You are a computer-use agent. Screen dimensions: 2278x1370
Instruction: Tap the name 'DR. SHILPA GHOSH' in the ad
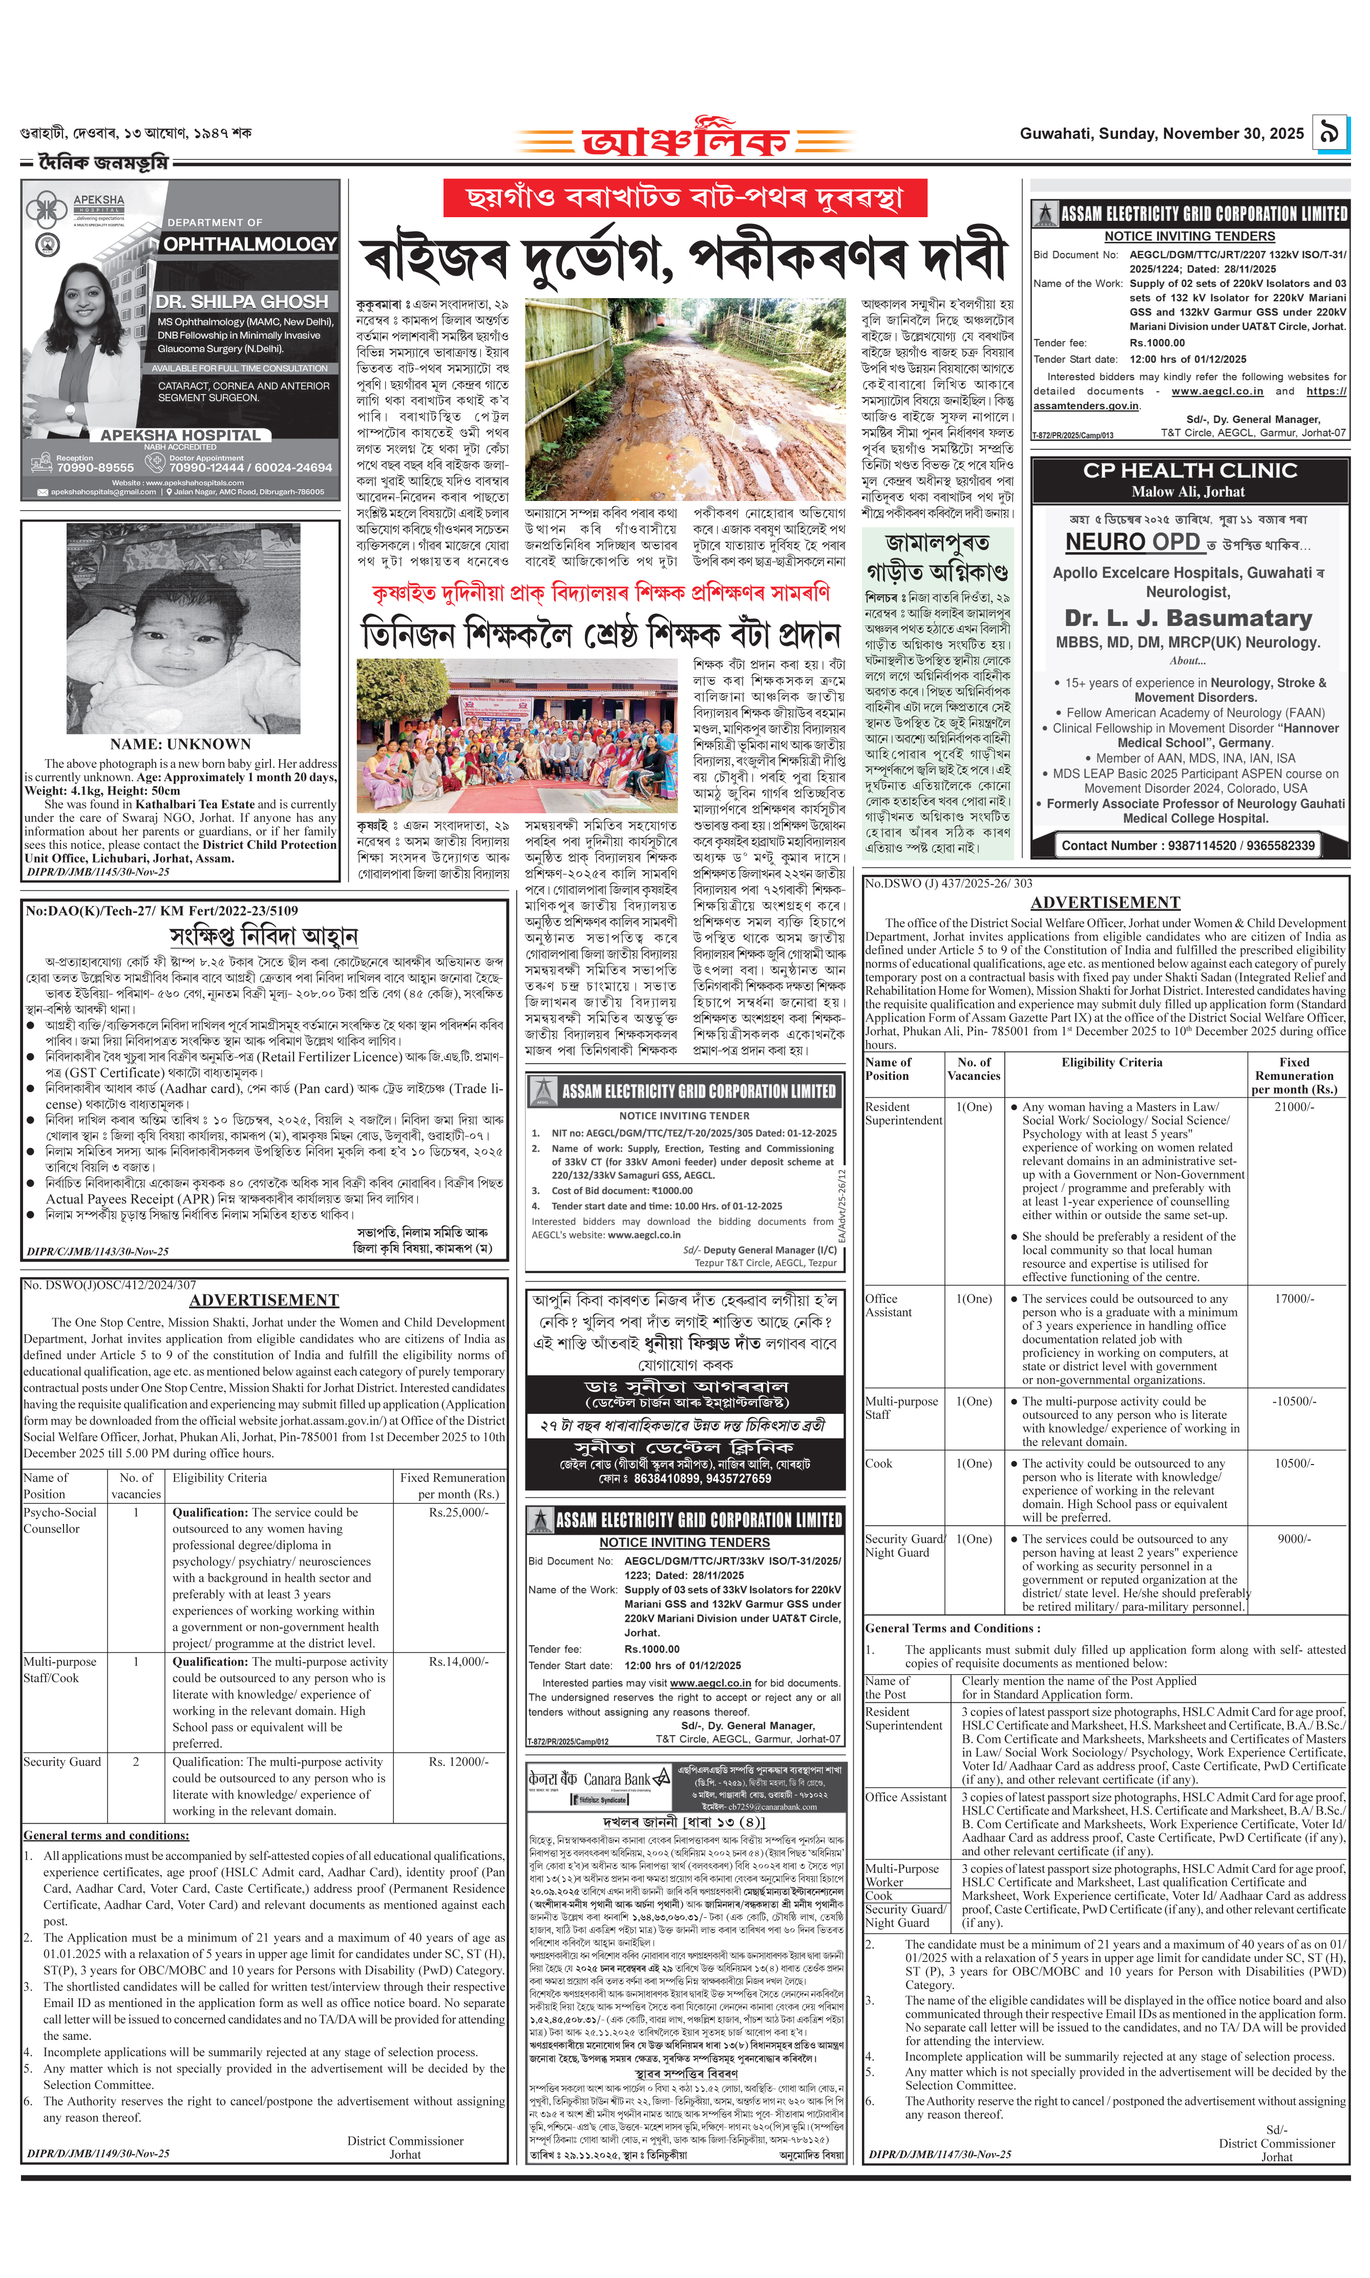click(242, 302)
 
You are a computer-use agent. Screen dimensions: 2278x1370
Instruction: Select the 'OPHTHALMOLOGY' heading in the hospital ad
click(249, 244)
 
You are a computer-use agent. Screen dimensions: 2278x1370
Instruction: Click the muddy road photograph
click(685, 399)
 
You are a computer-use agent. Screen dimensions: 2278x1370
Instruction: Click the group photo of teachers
click(517, 735)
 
